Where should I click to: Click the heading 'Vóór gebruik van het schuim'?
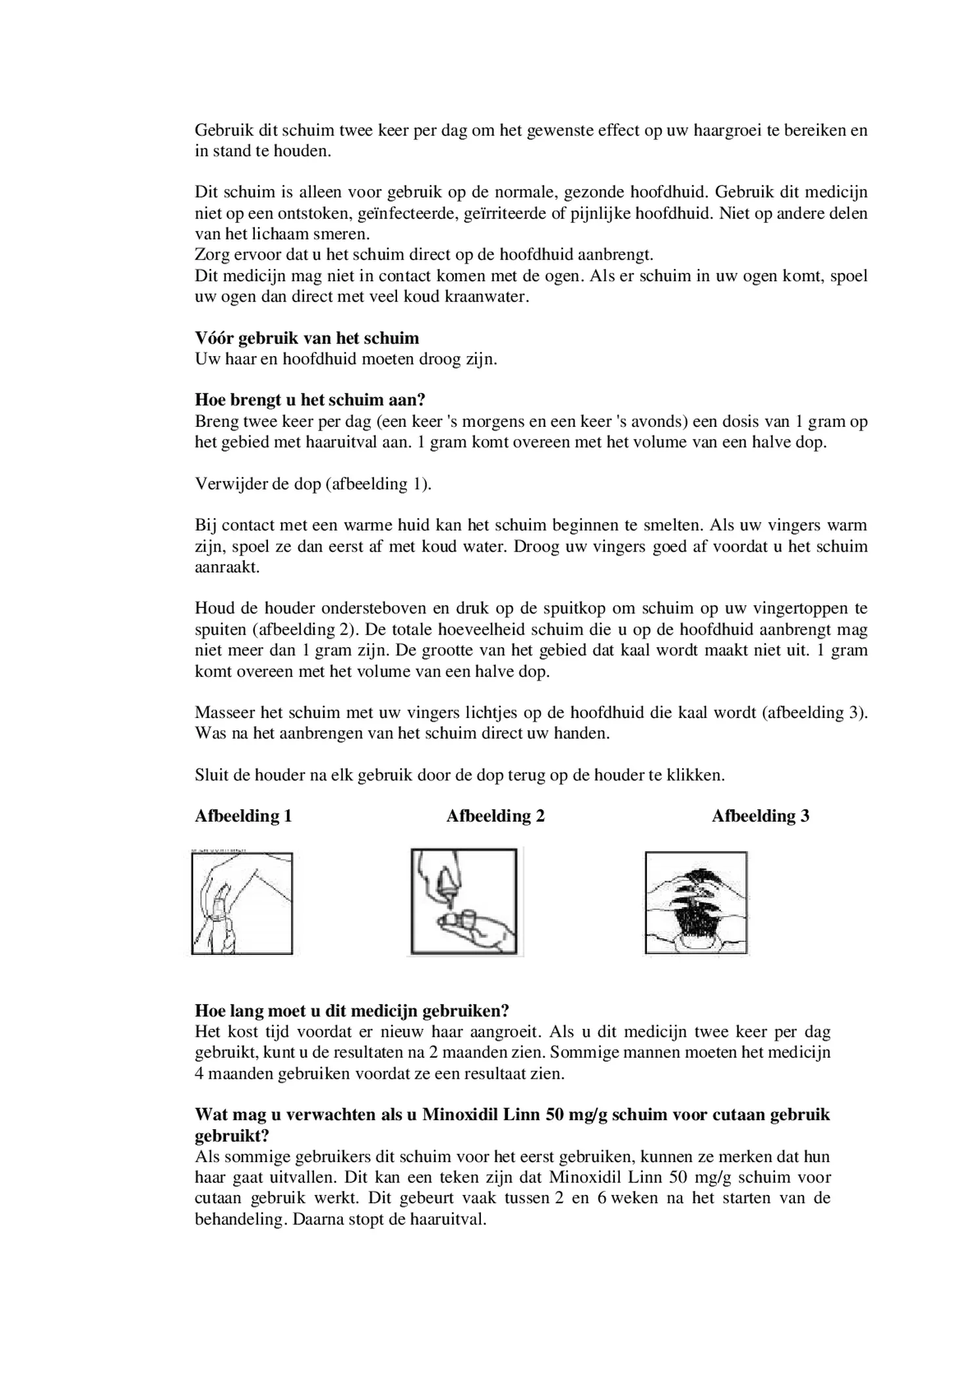307,338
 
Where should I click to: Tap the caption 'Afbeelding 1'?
243,816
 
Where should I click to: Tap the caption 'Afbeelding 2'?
495,816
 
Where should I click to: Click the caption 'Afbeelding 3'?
760,816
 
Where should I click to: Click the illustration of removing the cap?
242,903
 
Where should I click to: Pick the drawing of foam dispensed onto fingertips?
463,902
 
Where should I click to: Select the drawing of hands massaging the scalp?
696,902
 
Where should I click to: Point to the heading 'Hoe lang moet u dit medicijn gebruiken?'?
352,1011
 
